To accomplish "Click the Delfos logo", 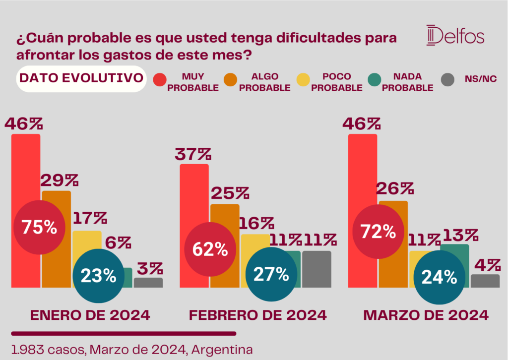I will click(x=455, y=36).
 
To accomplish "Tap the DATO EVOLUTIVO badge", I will click(x=81, y=78).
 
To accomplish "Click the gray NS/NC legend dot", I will click(x=448, y=79).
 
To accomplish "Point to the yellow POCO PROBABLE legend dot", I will click(x=303, y=79).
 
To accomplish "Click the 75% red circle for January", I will click(x=39, y=228).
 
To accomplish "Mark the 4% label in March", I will click(x=485, y=265).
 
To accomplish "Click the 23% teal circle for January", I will click(x=99, y=275).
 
